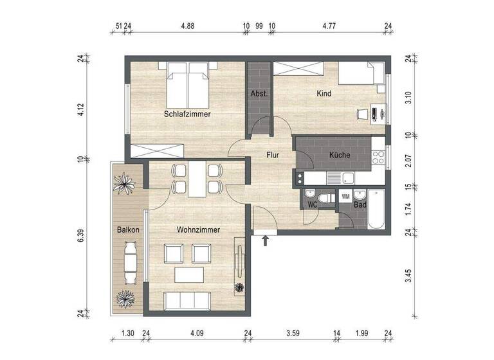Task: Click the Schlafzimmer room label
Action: click(x=187, y=114)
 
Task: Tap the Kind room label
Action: click(x=324, y=94)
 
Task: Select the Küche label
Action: click(x=339, y=155)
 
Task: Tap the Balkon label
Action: click(x=129, y=230)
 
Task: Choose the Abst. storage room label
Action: click(x=259, y=94)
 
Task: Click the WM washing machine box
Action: click(x=346, y=197)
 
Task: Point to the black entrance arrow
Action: click(x=265, y=241)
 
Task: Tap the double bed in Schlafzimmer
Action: click(x=187, y=85)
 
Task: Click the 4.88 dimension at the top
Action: click(x=187, y=26)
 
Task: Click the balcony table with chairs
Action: click(x=131, y=264)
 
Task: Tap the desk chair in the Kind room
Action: click(x=362, y=114)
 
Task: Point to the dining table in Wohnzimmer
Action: click(x=197, y=178)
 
